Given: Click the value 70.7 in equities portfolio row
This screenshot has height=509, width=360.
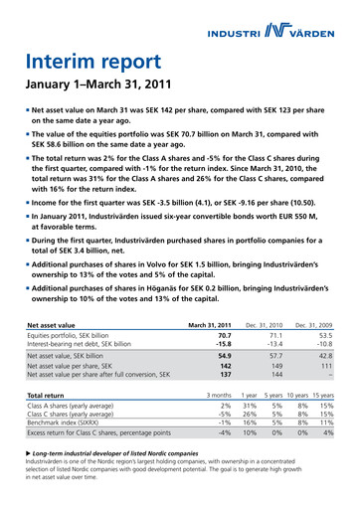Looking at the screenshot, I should tap(223, 310).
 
